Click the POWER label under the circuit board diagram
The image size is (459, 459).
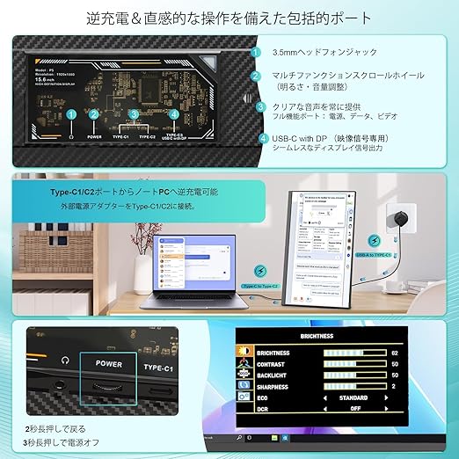point(95,137)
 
